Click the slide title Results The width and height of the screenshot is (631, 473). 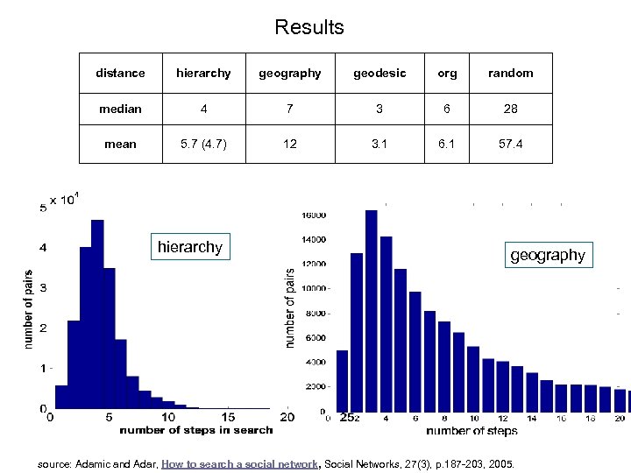pyautogui.click(x=309, y=27)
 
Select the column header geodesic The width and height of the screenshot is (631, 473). pyautogui.click(x=379, y=73)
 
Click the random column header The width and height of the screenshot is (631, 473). pyautogui.click(x=510, y=73)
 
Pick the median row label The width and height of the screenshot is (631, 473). pyautogui.click(x=120, y=109)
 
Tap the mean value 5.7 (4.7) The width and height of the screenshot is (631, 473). pyautogui.click(x=203, y=144)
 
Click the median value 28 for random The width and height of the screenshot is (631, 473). pyautogui.click(x=510, y=109)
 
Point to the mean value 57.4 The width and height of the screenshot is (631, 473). pyautogui.click(x=510, y=144)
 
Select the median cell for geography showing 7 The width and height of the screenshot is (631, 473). pyautogui.click(x=290, y=109)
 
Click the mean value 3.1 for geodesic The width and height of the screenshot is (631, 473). pyautogui.click(x=379, y=144)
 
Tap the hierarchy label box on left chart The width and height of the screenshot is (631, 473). pyautogui.click(x=189, y=247)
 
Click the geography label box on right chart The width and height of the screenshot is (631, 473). pyautogui.click(x=547, y=255)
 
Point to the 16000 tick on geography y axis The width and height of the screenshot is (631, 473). pyautogui.click(x=315, y=215)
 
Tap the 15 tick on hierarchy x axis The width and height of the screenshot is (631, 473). pyautogui.click(x=227, y=418)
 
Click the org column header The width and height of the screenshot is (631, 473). pyautogui.click(x=447, y=73)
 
